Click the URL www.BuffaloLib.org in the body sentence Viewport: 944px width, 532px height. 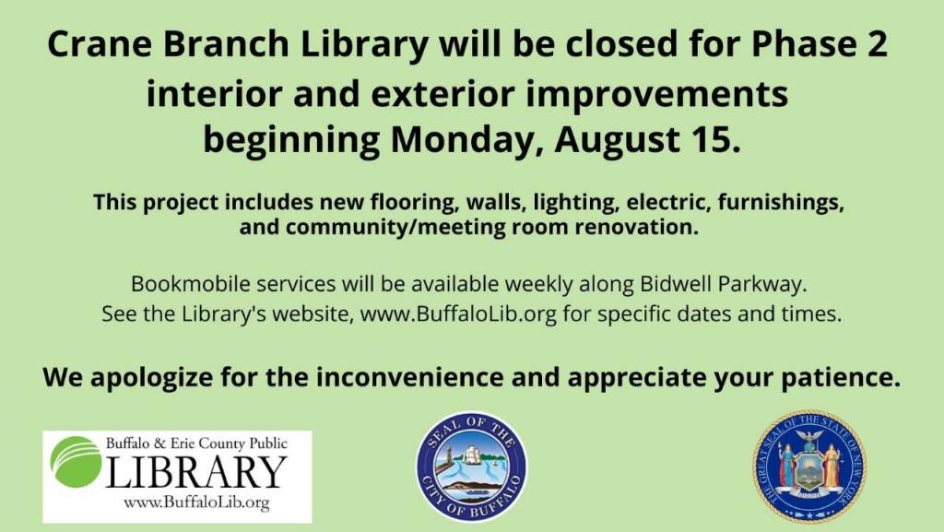tap(458, 313)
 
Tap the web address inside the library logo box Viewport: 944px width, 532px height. tap(195, 502)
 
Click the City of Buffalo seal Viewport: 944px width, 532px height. tap(472, 467)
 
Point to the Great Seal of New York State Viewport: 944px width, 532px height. tap(808, 467)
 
